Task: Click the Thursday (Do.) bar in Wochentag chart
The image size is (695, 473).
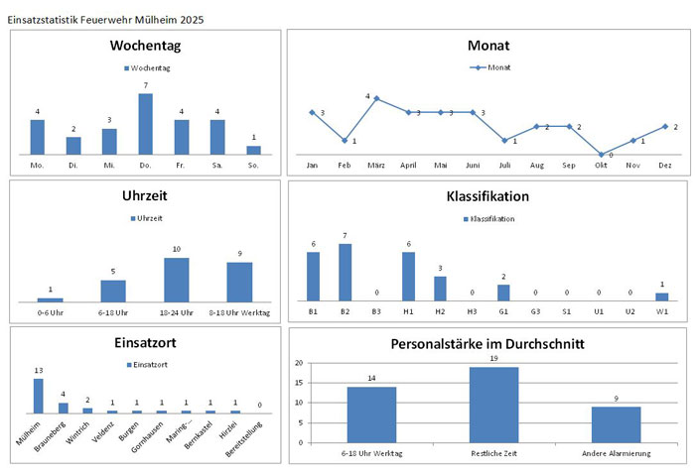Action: coord(145,124)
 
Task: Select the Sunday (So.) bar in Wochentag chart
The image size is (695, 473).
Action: coord(253,150)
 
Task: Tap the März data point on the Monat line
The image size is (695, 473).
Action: coord(376,98)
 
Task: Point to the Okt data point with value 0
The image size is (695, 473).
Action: coord(602,155)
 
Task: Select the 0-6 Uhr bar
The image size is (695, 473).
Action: coord(50,299)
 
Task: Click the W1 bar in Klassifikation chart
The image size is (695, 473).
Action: coord(662,296)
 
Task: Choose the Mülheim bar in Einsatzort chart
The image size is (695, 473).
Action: coord(38,396)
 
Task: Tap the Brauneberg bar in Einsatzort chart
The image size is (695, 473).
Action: coord(63,408)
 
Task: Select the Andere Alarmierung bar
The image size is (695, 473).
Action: coord(617,424)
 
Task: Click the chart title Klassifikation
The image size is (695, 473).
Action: coord(487,196)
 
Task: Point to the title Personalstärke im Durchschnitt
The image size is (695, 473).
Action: coord(487,345)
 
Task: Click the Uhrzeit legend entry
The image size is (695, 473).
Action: coord(148,217)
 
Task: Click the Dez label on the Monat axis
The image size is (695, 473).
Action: coord(665,165)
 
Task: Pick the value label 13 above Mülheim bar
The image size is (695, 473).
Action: coord(38,371)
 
